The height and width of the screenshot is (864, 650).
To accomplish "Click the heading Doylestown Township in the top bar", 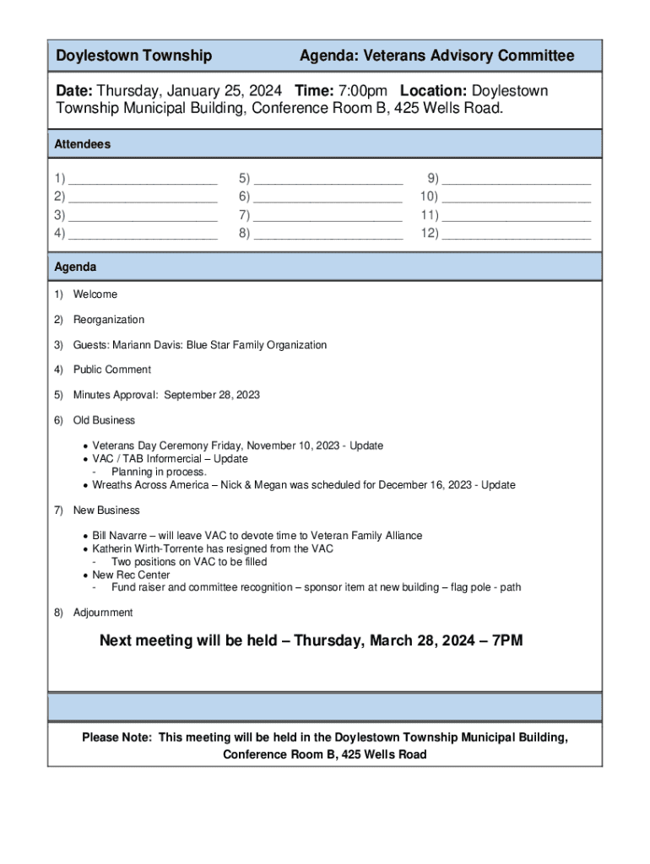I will tap(133, 56).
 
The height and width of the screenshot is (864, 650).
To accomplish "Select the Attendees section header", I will tap(83, 144).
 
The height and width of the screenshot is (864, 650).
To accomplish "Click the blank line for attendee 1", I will tap(143, 181).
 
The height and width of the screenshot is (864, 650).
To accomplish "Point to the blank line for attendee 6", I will tap(328, 199).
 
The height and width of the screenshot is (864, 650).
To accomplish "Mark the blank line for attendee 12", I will tap(516, 235).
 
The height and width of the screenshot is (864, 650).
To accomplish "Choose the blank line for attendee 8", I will tap(328, 235).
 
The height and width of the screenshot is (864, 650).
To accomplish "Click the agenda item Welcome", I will tap(95, 294).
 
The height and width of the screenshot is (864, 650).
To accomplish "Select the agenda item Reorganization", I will tap(109, 320).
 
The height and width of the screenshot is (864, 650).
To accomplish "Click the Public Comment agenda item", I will tap(112, 370).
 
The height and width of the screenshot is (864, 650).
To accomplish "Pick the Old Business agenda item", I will tap(104, 420).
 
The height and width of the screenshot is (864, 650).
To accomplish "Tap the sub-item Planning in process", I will tap(159, 472).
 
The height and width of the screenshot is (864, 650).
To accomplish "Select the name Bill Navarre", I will tap(123, 536).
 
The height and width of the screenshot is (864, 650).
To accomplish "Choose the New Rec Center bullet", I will tap(131, 575).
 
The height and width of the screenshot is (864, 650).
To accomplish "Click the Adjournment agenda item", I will tap(103, 613).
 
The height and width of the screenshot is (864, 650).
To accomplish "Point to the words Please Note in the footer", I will tap(116, 737).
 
